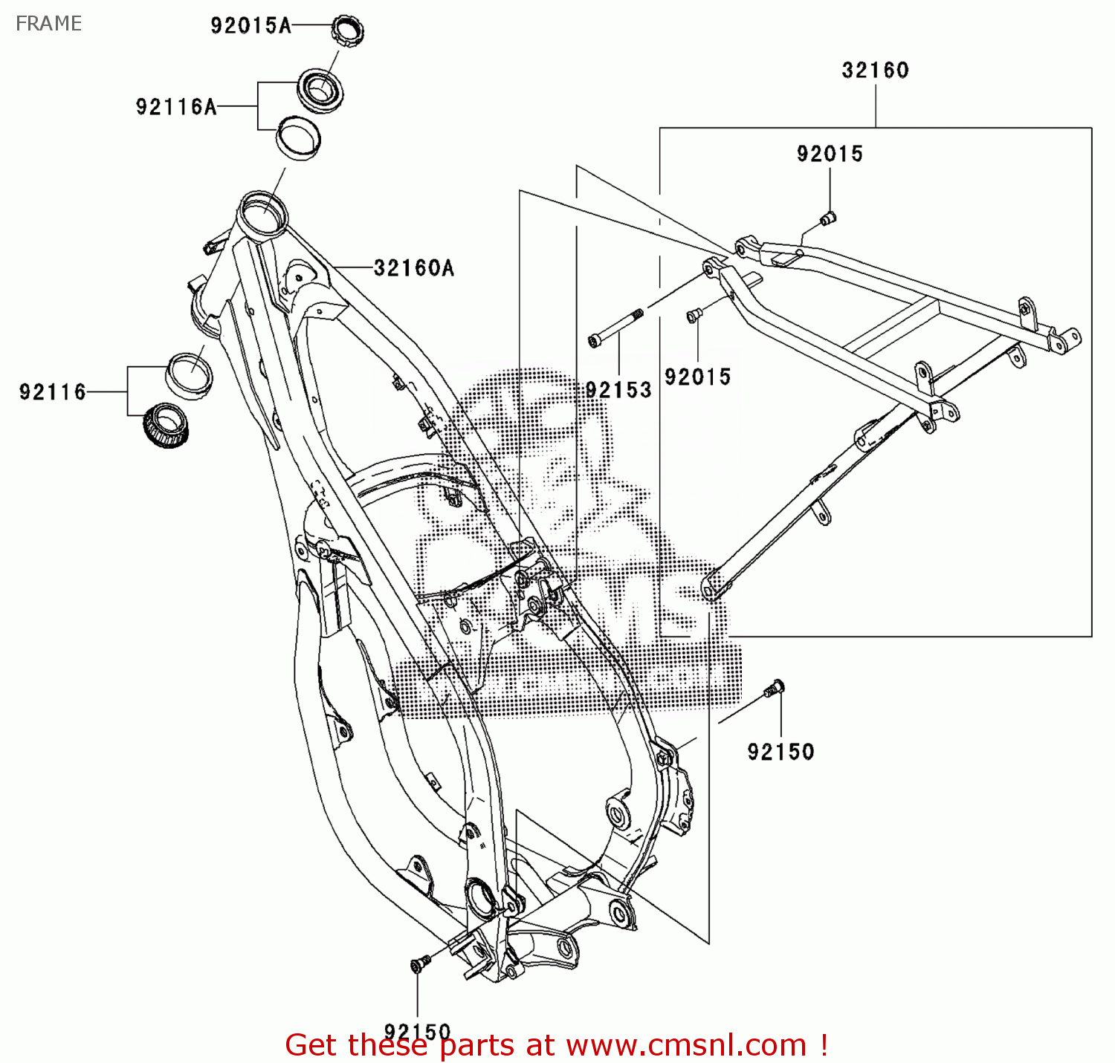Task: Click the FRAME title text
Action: (x=48, y=24)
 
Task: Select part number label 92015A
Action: (x=251, y=26)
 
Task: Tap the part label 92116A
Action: (x=176, y=107)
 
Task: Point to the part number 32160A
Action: (x=413, y=267)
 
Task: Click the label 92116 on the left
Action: (x=53, y=391)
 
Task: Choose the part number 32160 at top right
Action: (x=875, y=71)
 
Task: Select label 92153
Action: (x=618, y=390)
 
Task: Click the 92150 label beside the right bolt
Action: (x=780, y=752)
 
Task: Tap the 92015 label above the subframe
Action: (x=830, y=154)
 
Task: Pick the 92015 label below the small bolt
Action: (x=697, y=377)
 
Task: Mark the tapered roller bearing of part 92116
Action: (x=167, y=426)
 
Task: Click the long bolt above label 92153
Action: (x=615, y=327)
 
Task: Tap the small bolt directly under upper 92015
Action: (x=827, y=218)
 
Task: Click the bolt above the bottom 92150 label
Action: (x=418, y=963)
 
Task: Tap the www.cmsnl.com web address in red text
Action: (x=686, y=1045)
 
